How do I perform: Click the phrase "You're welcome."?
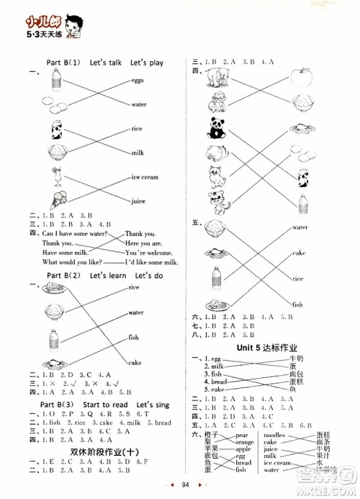pos(147,253)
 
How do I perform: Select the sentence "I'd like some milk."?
pos(151,264)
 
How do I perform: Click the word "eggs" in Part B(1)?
pos(138,81)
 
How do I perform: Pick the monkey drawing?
pos(214,100)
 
